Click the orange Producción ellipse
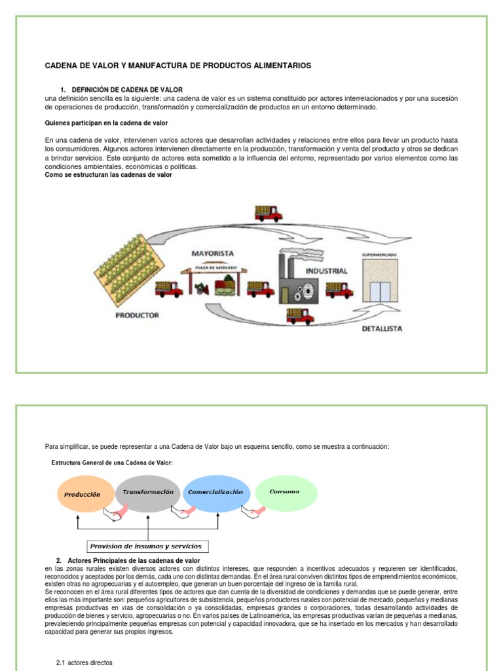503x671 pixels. click(x=83, y=495)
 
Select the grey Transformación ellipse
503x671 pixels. click(x=147, y=492)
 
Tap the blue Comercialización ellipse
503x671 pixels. click(x=215, y=492)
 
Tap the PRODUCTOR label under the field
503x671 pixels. click(x=137, y=315)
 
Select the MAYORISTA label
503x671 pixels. click(x=212, y=252)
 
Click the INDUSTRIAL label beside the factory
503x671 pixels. click(x=326, y=270)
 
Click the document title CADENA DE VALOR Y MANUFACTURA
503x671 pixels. click(x=177, y=66)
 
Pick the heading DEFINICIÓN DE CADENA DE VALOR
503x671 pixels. click(x=127, y=89)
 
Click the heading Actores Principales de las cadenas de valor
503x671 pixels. click(x=134, y=560)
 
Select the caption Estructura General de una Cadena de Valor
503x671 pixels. click(x=113, y=463)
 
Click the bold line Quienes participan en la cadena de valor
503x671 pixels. click(x=108, y=123)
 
